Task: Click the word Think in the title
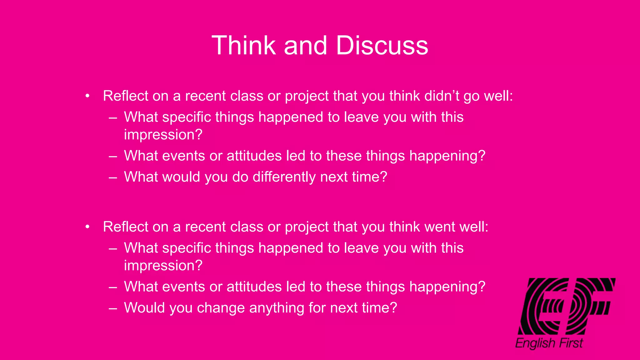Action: (244, 46)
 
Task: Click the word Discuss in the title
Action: (382, 46)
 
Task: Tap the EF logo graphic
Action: (566, 306)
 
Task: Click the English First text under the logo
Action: (549, 343)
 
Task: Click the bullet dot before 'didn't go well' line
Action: (88, 96)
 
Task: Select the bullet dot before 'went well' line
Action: (88, 227)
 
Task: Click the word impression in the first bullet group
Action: (163, 135)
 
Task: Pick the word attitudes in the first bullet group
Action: (254, 156)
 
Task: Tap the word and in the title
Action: (305, 46)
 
